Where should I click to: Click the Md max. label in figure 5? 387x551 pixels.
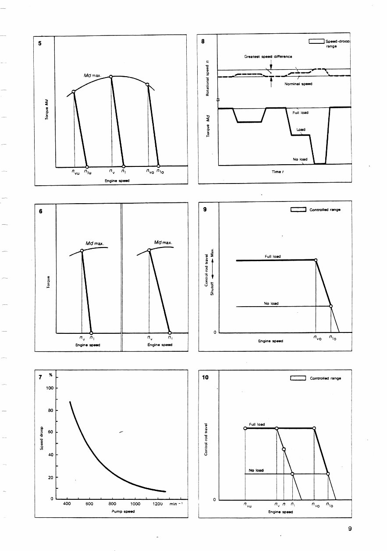tap(92, 76)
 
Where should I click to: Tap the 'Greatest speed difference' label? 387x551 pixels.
tap(268, 57)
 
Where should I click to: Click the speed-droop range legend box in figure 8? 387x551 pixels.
tap(316, 42)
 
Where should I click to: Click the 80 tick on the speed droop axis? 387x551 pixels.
tap(50, 410)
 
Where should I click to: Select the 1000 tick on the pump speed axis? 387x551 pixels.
tap(135, 504)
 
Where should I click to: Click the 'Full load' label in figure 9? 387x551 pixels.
tap(273, 256)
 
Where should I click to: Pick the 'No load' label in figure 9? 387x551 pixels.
tap(271, 303)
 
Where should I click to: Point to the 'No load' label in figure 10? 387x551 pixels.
tap(256, 470)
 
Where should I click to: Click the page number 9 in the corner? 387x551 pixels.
tap(350, 529)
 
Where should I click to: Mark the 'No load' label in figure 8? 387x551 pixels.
tap(300, 159)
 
